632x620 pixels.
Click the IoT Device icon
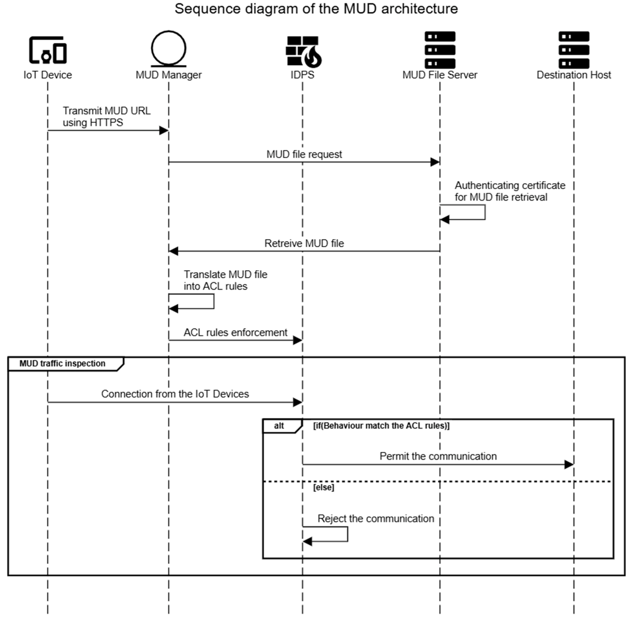point(48,50)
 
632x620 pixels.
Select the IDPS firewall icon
point(303,51)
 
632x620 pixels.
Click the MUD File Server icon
point(440,50)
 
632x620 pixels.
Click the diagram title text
point(316,9)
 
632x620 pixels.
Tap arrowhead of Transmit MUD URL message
point(164,131)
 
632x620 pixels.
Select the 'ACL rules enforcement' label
point(235,332)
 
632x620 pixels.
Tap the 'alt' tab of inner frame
point(279,426)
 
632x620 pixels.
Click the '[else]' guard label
point(324,488)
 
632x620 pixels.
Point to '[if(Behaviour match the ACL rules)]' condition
point(381,426)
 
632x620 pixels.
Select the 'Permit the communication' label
point(438,456)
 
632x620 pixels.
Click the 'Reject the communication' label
point(376,518)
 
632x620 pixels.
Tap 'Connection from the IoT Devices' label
point(175,394)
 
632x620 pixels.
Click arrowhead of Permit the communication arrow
point(569,465)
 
